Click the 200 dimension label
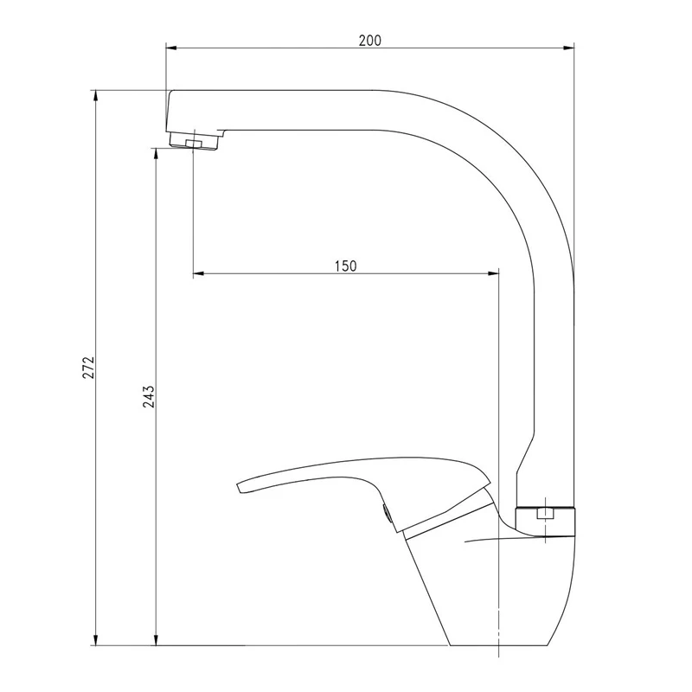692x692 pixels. pyautogui.click(x=370, y=41)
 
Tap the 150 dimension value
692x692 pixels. pyautogui.click(x=345, y=266)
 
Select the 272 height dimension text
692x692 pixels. pyautogui.click(x=88, y=367)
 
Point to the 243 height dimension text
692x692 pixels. pyautogui.click(x=149, y=396)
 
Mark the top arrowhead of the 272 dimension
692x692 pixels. pyautogui.click(x=96, y=96)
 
